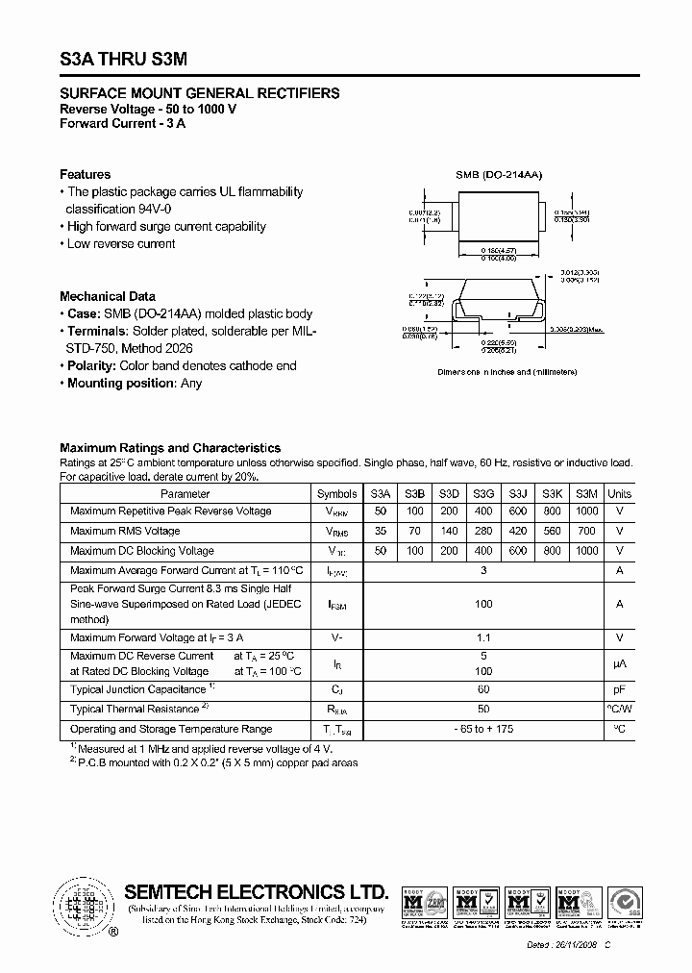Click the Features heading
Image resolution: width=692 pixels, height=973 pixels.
click(x=85, y=174)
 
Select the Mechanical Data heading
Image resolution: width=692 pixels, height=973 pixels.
click(x=107, y=296)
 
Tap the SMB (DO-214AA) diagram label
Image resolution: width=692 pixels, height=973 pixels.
click(x=499, y=175)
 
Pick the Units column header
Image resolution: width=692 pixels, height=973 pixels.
click(x=620, y=493)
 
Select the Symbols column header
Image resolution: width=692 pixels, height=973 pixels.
click(x=336, y=493)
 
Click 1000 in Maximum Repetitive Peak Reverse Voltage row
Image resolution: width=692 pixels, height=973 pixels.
click(x=585, y=511)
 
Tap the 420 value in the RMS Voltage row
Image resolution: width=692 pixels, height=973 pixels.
click(x=518, y=531)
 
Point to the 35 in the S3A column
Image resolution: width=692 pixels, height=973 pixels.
click(x=382, y=531)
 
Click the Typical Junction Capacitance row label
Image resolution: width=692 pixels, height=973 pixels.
click(x=140, y=689)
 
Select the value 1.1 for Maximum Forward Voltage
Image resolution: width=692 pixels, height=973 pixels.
click(x=483, y=637)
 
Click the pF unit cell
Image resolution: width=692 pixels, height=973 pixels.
click(x=620, y=689)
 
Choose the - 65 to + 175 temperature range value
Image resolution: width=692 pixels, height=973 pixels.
click(x=483, y=730)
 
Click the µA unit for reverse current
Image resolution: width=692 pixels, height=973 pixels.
click(x=620, y=663)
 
